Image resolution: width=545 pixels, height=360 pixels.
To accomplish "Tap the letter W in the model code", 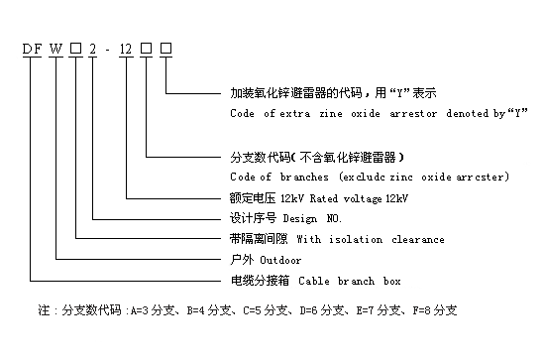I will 60,47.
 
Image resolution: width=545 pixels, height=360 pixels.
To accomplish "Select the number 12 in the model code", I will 126,47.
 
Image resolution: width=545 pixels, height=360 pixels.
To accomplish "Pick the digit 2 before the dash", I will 94,47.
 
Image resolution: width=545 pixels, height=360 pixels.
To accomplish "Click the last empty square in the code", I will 165,47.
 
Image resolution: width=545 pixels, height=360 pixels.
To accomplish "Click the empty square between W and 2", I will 77,47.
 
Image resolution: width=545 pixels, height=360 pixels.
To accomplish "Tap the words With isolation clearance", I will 371,240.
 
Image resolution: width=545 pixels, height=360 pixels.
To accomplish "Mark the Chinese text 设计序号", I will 252,218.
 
